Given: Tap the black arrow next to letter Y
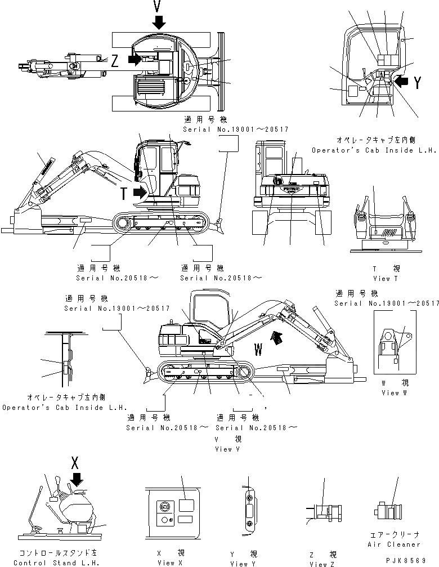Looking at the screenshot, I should point(402,82).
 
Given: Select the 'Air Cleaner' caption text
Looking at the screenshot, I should point(393,544).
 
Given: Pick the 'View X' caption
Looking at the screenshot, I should point(166,562).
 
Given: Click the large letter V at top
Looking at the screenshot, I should point(159,6).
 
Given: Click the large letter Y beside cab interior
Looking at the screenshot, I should point(417,83).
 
